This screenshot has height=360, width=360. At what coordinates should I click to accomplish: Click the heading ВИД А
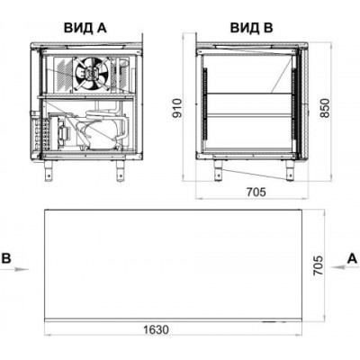click(85, 28)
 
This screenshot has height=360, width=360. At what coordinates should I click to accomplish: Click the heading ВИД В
click(251, 28)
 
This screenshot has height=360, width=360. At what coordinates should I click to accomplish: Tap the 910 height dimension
click(177, 108)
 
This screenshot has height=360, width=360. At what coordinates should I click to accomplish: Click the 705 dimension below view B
click(256, 192)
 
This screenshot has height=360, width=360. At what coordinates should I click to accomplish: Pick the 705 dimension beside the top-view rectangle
click(318, 265)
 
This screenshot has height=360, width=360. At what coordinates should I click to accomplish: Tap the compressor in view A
click(101, 133)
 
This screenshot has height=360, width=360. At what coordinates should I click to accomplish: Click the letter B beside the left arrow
click(6, 258)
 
